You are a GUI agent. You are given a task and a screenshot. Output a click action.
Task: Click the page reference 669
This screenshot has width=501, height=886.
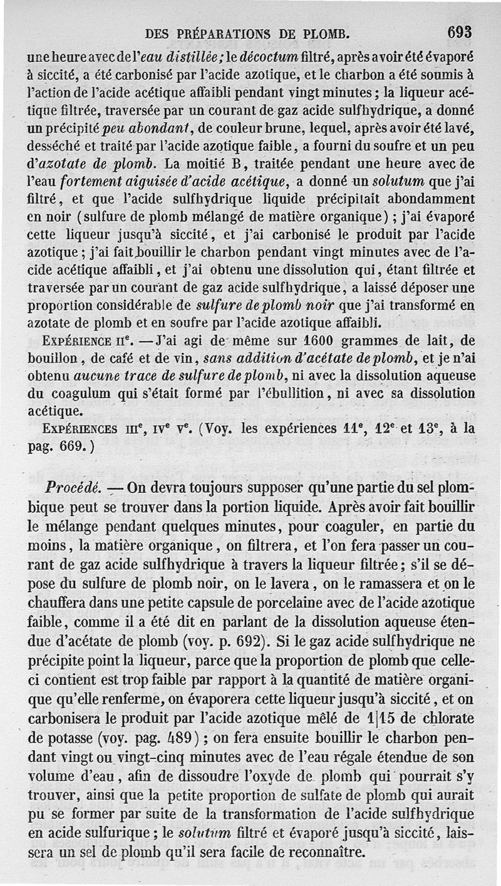77,448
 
